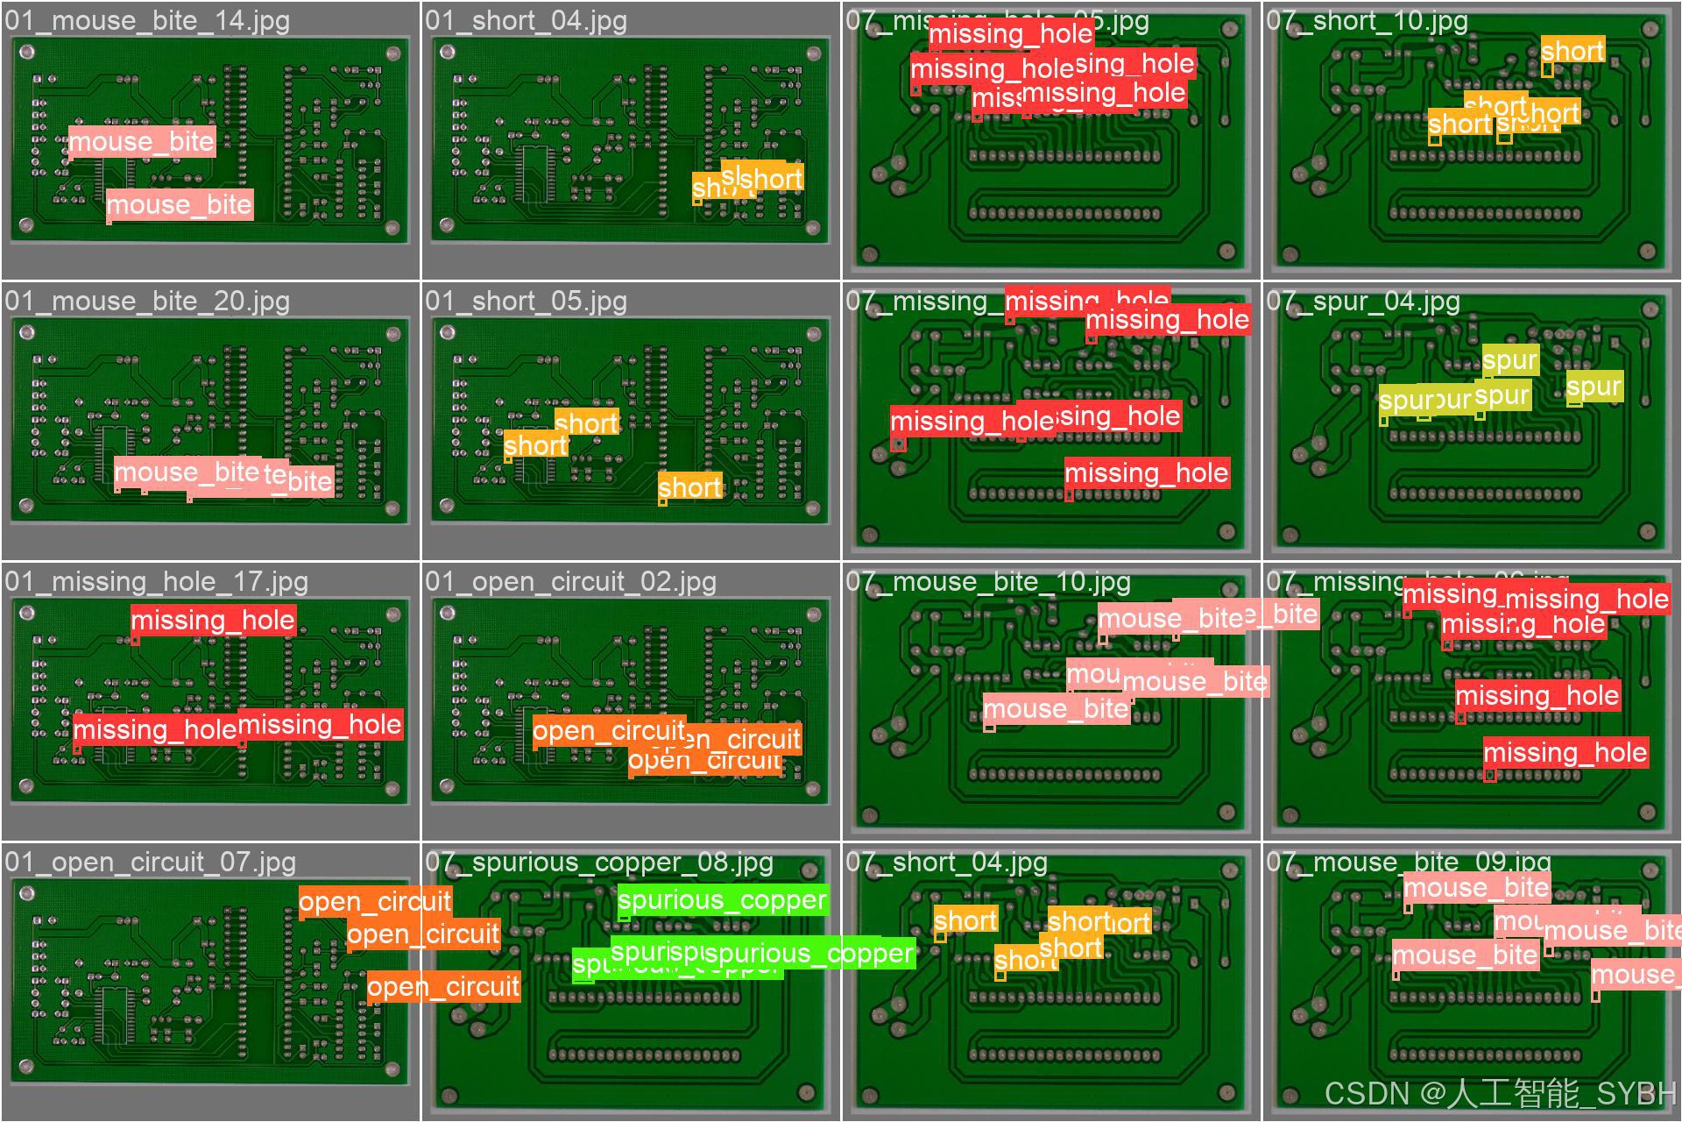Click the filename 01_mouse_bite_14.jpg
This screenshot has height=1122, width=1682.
click(x=147, y=21)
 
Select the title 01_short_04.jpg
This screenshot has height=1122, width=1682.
click(x=526, y=21)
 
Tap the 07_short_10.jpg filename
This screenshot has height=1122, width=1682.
click(x=1367, y=21)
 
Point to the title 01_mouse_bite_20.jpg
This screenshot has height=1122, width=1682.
click(x=147, y=302)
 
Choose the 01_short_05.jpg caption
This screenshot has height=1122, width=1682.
click(x=526, y=302)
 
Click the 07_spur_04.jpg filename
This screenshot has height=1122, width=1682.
click(x=1362, y=302)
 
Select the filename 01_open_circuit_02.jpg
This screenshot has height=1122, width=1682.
click(x=570, y=582)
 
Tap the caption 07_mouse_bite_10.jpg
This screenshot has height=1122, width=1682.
click(x=988, y=582)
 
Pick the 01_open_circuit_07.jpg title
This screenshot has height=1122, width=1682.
click(x=150, y=863)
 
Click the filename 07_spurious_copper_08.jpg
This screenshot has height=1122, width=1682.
click(x=599, y=863)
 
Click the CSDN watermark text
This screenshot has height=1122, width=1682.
click(x=1499, y=1094)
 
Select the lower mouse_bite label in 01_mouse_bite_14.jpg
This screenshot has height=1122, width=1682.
click(x=179, y=205)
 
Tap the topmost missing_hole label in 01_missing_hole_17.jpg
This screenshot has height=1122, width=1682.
click(x=213, y=621)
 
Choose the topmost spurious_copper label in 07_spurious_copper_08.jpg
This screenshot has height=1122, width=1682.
click(x=722, y=900)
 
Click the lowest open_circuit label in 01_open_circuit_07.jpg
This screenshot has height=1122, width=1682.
click(x=443, y=987)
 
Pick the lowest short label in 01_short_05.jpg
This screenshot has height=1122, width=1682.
click(x=690, y=487)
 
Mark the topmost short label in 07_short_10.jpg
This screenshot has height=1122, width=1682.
click(x=1572, y=51)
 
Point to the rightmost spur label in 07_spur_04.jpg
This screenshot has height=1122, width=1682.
click(x=1594, y=387)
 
